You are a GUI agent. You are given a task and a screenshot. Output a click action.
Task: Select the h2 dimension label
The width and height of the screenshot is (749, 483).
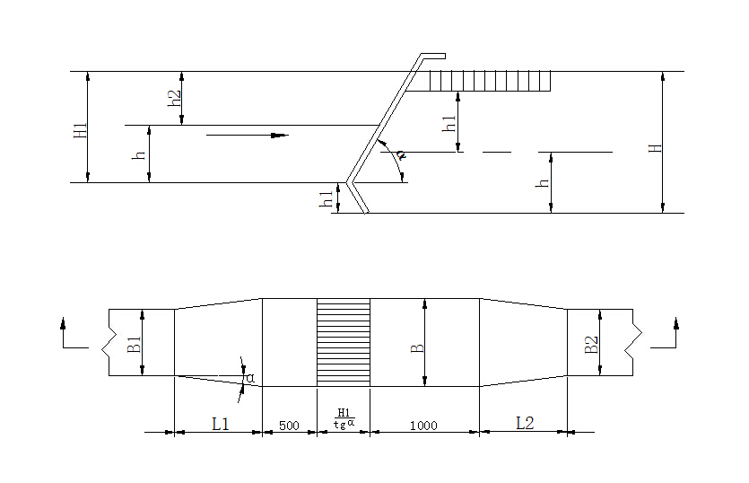coord(175,98)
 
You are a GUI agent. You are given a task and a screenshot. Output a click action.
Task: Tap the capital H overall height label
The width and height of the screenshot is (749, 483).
coord(655,144)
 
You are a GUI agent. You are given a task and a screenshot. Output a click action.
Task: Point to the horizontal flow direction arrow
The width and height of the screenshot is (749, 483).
coord(247,136)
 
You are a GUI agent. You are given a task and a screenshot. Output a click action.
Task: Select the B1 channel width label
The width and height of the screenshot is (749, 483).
coord(134,343)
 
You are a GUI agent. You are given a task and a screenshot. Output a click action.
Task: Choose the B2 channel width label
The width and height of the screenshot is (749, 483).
coord(590,343)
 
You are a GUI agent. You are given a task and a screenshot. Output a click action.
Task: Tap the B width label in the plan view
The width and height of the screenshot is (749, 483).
coord(417,343)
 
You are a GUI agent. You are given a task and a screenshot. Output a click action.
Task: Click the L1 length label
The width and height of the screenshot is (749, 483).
coord(220,424)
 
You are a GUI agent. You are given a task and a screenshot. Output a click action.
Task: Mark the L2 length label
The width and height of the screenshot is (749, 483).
coord(525,423)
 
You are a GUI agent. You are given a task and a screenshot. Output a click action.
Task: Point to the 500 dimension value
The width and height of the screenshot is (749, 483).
coord(289,426)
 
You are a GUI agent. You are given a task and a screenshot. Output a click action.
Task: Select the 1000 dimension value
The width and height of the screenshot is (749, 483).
coord(422,426)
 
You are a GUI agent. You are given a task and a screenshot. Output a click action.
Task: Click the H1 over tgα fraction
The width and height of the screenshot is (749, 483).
coord(344,418)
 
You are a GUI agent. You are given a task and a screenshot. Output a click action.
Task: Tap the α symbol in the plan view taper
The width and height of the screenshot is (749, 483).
coord(250,379)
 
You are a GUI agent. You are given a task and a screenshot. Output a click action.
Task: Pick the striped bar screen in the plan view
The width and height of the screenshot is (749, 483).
coord(344,343)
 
